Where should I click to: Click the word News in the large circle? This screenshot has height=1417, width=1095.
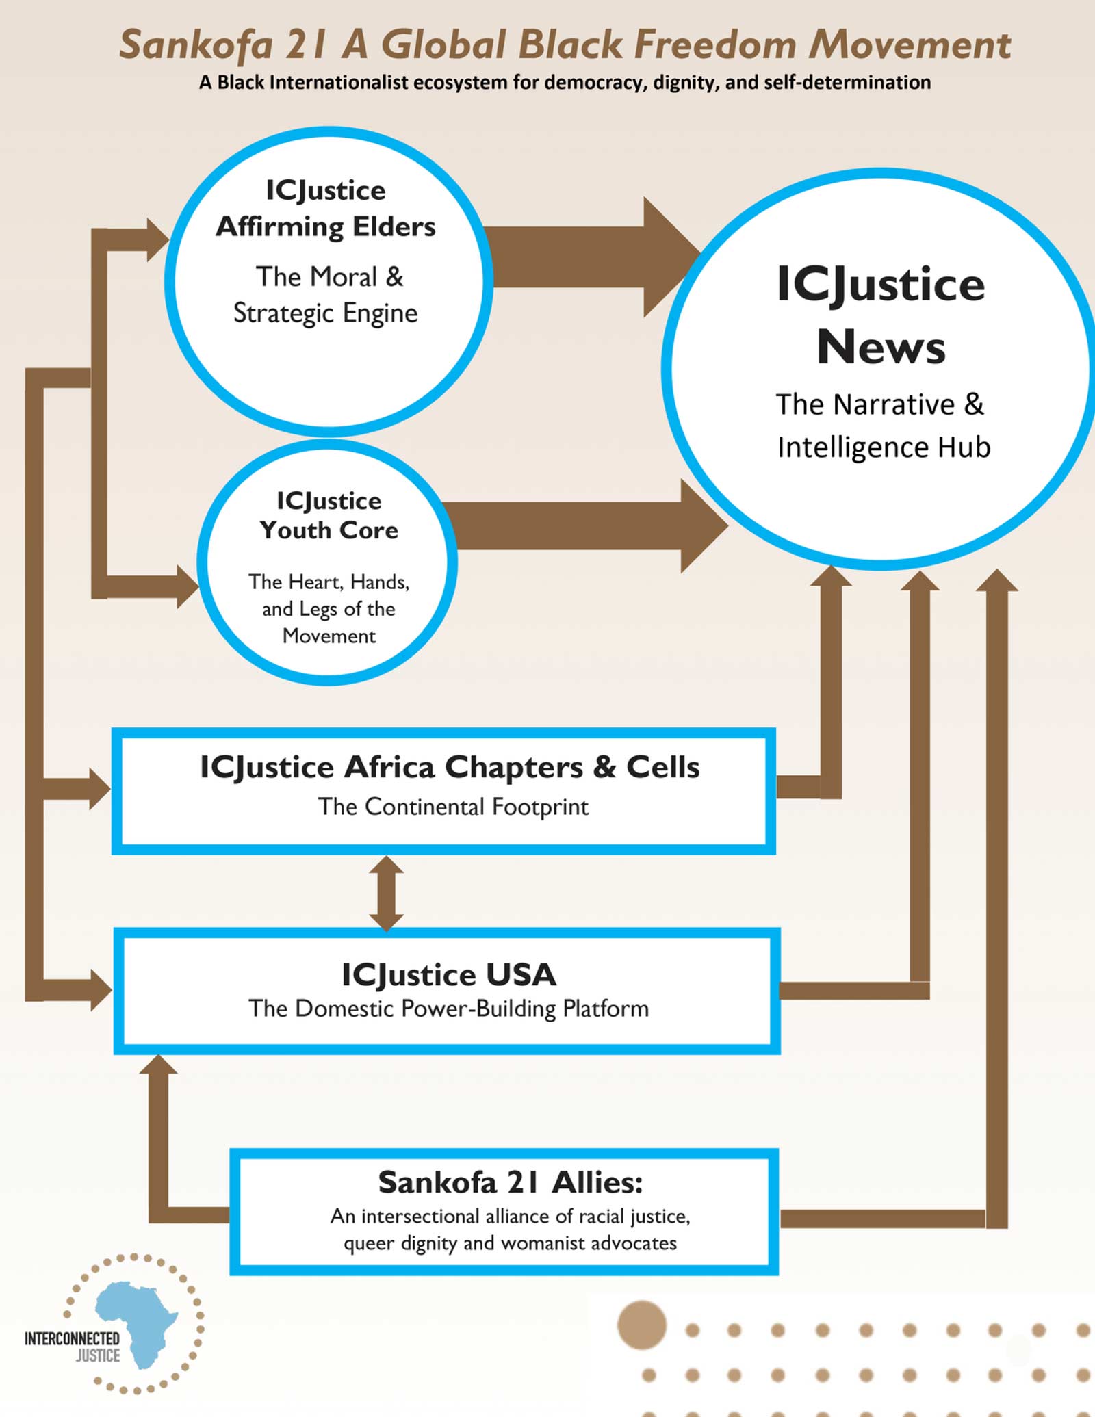pos(881,347)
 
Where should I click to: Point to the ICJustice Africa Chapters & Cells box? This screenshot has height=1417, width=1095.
pos(443,791)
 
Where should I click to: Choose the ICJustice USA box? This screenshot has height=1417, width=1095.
pos(446,990)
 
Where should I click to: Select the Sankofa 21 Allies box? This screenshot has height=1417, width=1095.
pos(504,1212)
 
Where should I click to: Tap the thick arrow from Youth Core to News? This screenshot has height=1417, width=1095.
pos(582,525)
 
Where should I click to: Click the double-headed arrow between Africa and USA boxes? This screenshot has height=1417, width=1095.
pos(386,893)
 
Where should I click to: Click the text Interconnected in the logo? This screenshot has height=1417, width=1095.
pos(72,1338)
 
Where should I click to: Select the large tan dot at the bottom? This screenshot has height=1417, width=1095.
pos(641,1325)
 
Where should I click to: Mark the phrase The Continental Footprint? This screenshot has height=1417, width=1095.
pos(453,807)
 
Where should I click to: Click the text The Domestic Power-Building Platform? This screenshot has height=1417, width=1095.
pos(448,1009)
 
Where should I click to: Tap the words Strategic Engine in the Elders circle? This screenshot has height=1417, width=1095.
pos(326,313)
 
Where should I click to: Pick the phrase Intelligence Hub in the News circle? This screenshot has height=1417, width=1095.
pos(884,447)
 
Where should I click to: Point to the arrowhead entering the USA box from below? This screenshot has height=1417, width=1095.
pos(158,1065)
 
